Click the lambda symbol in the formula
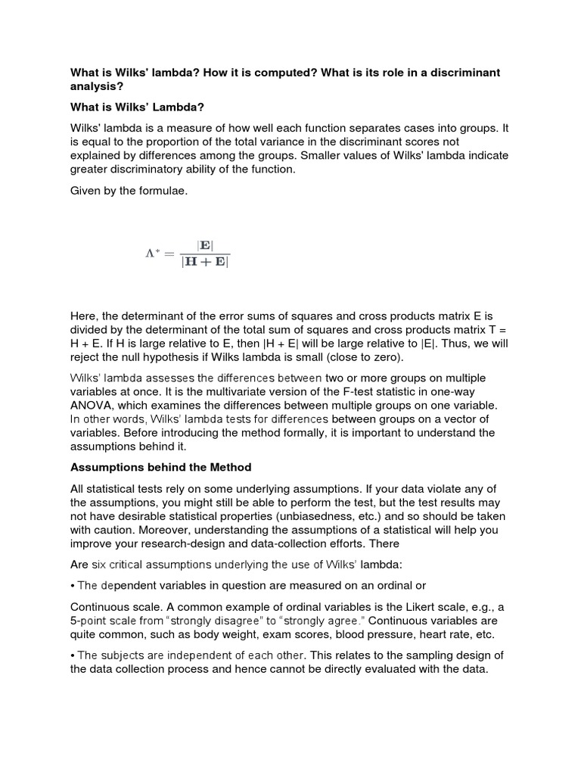151,253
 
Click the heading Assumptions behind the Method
160,467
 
